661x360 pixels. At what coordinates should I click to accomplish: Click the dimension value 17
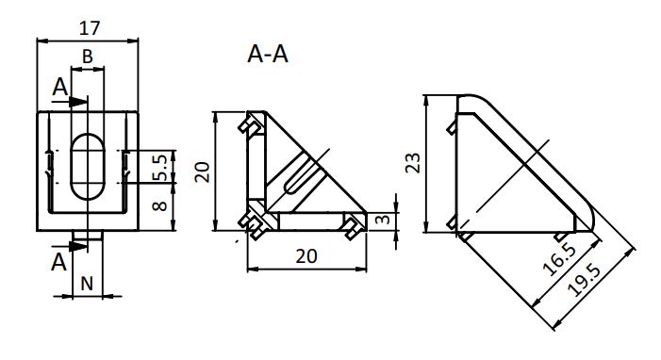point(90,28)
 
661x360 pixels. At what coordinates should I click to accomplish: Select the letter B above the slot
point(88,57)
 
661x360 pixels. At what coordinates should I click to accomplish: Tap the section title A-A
point(268,55)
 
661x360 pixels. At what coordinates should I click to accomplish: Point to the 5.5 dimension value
point(159,168)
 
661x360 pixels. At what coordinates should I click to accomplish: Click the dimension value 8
point(159,206)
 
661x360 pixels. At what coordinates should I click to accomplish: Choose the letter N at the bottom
point(87,284)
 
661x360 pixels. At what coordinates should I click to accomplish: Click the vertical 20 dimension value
point(203,172)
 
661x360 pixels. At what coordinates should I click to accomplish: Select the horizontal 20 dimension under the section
point(306,256)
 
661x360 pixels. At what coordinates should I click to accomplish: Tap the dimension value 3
point(382,220)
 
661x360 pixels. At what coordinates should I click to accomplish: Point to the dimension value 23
point(413,163)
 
